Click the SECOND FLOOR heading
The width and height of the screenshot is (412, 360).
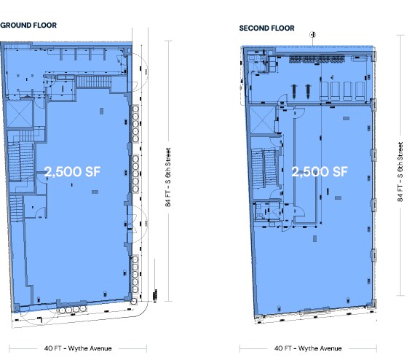point(267,28)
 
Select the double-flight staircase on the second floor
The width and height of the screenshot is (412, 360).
point(262,171)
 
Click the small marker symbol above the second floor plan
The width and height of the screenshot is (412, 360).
point(312,34)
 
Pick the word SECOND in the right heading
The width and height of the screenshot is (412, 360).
point(253,28)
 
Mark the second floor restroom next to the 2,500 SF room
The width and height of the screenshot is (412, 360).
point(264,208)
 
